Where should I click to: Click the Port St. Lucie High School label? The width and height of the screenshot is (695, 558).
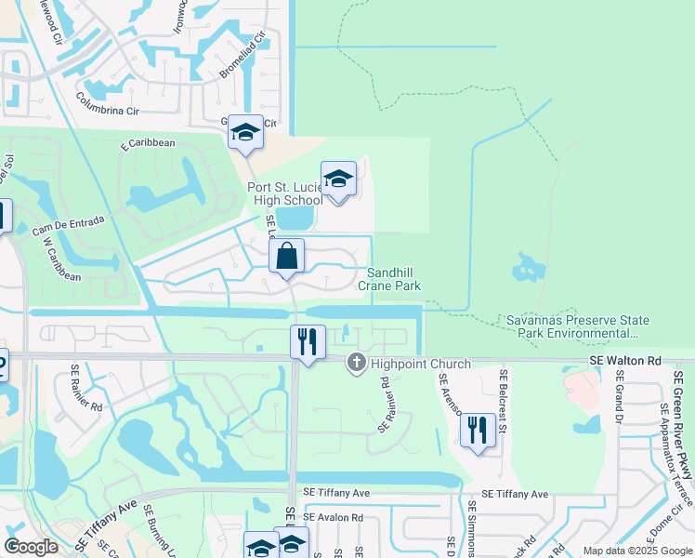click(284, 193)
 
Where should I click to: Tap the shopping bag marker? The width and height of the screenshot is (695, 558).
click(287, 256)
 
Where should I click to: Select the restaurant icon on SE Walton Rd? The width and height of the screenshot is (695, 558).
click(308, 342)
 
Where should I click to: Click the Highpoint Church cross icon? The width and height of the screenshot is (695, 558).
click(356, 363)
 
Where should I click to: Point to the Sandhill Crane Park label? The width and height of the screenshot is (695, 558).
click(394, 279)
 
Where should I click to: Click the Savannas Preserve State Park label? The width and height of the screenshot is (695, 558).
click(577, 326)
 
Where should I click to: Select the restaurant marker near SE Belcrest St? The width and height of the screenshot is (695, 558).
click(478, 430)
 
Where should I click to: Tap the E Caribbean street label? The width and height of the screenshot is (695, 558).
click(148, 144)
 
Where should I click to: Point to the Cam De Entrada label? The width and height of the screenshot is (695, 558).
click(67, 220)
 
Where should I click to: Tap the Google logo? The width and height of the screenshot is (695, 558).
click(32, 547)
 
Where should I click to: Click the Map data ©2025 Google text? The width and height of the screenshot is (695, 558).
click(636, 551)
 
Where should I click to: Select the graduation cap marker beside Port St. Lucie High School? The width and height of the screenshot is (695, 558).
click(338, 179)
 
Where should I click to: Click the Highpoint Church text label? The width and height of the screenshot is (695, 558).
click(422, 364)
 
